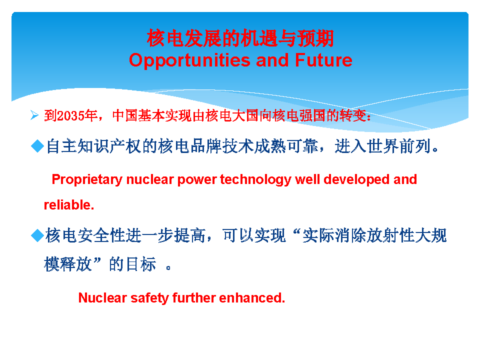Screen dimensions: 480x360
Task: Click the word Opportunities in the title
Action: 189,60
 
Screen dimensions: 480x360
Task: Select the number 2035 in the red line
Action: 70,116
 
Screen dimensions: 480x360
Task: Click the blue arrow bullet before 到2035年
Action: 34,115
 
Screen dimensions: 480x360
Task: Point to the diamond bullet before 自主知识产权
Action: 37,146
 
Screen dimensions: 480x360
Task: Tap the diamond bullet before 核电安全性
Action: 37,235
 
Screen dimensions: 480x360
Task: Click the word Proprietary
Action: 87,180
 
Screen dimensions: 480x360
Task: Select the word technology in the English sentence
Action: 255,180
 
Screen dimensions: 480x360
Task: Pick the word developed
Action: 356,180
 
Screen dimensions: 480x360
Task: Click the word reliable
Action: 69,205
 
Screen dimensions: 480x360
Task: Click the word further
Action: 194,298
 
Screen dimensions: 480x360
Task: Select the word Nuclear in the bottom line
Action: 102,298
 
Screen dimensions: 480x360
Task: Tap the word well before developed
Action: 307,179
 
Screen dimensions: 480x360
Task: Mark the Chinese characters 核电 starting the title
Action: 165,38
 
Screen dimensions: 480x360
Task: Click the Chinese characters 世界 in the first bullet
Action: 383,146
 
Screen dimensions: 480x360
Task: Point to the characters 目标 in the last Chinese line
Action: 141,264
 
